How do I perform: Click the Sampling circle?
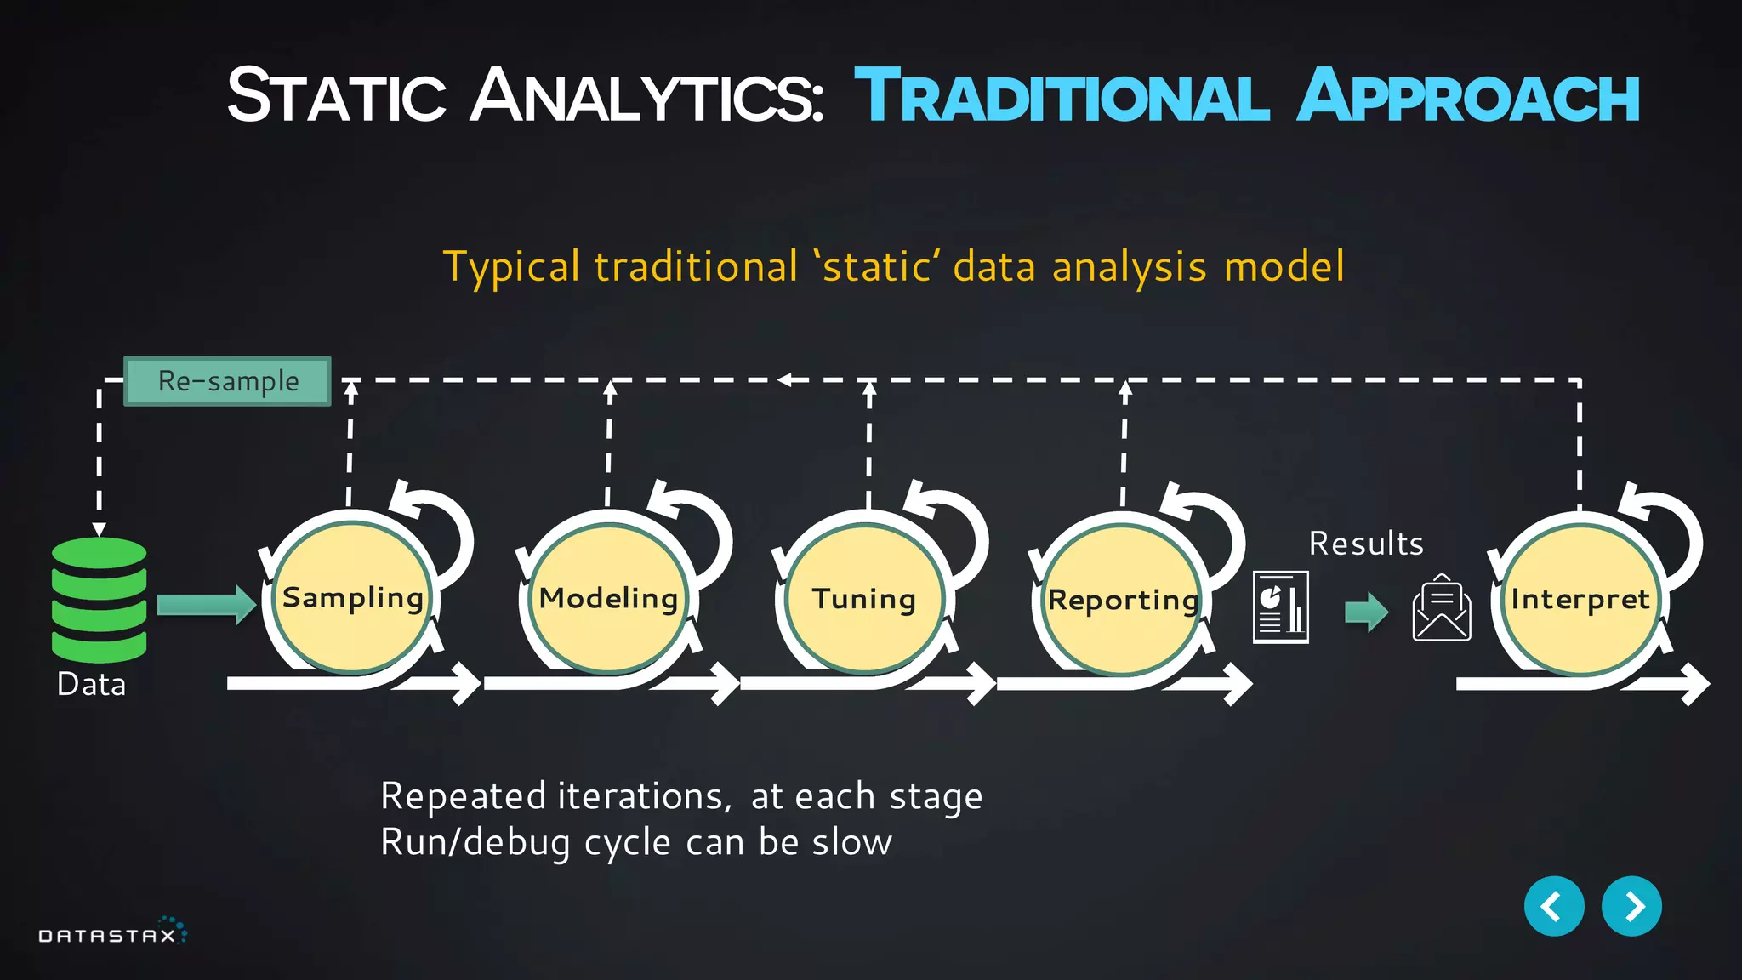pos(353,598)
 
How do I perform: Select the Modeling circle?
pos(609,598)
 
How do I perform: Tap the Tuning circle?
pos(864,599)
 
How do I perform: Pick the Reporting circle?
pos(1123,600)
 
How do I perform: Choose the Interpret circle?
pos(1580,600)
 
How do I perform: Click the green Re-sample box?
pos(228,381)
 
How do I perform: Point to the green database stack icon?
pos(99,599)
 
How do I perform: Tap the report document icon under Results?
pos(1281,607)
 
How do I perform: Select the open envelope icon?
pos(1442,609)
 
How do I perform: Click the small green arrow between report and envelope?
pos(1366,612)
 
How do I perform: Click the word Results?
pos(1366,544)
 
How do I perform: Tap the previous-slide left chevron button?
pos(1554,906)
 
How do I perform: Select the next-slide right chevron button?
pos(1631,906)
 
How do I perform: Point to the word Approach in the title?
pos(1468,97)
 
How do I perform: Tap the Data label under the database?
pos(91,684)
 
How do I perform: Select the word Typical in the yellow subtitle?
pos(512,267)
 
